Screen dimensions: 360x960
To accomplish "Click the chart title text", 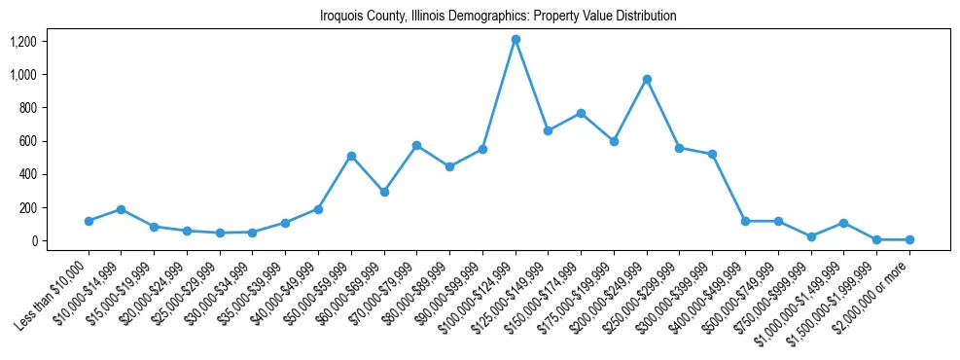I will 498,17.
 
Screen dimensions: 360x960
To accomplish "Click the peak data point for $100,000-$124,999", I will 516,39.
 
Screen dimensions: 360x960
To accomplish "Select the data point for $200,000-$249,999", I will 647,79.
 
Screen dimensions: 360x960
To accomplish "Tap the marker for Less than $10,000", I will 89,221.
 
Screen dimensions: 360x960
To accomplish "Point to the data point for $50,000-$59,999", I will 351,156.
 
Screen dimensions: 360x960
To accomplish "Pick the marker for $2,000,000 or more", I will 909,239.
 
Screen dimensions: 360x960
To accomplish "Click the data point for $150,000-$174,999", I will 581,113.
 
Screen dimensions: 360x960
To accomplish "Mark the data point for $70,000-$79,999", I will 416,145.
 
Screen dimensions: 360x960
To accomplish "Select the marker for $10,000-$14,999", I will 122,209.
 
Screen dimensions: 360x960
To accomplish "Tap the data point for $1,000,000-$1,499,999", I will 843,223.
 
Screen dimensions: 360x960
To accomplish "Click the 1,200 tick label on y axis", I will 22,41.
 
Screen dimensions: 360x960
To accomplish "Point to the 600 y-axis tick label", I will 26,141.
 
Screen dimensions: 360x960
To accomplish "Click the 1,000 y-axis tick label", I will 22,74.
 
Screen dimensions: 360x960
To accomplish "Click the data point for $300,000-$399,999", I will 712,154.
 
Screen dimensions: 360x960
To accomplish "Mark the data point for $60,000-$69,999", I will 384,192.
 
